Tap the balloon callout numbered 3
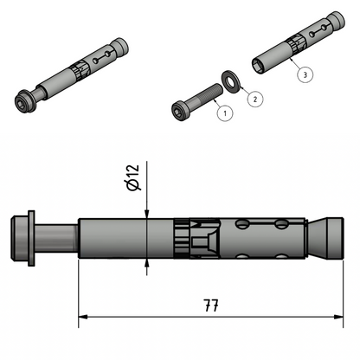[305, 74]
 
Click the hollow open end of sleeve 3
[257, 64]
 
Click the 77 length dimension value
[210, 305]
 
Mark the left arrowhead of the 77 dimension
[83, 317]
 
